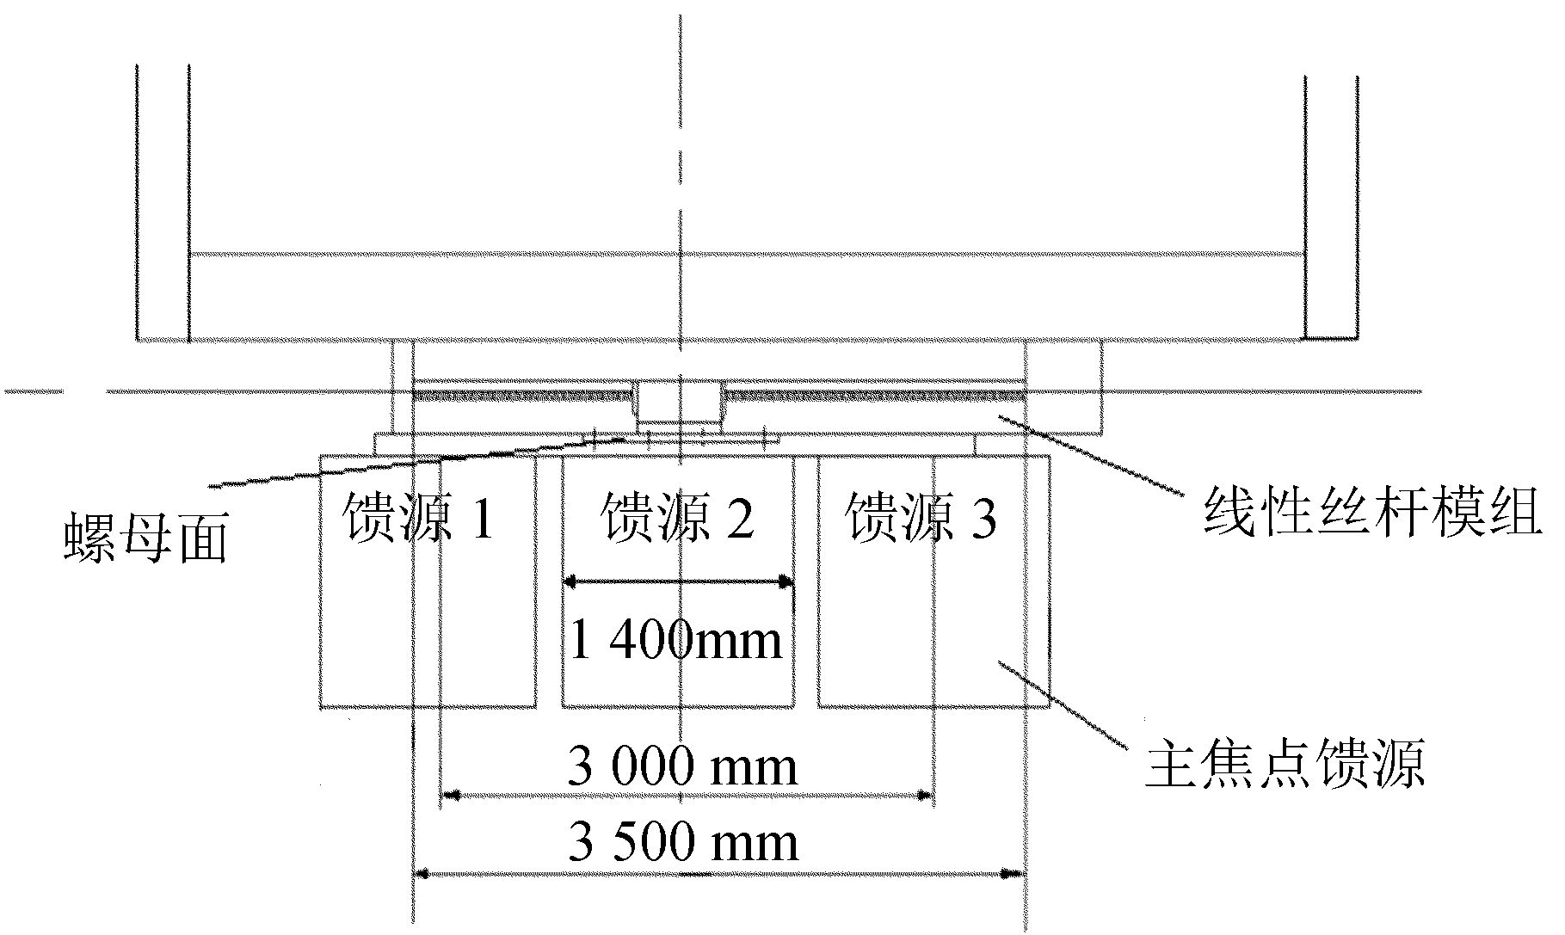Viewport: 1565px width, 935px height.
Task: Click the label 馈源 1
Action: click(419, 518)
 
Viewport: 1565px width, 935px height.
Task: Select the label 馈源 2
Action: click(679, 518)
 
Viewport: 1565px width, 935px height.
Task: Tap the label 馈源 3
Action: click(921, 518)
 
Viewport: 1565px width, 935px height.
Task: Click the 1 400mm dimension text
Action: click(676, 641)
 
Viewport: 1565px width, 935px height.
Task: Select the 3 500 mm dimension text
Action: click(683, 843)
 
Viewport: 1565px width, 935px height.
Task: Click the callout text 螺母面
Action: click(146, 540)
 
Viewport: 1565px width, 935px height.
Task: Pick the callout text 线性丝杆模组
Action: click(1371, 514)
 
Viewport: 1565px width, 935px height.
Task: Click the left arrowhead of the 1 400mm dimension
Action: click(570, 582)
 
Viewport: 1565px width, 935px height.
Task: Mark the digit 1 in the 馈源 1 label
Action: click(483, 520)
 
